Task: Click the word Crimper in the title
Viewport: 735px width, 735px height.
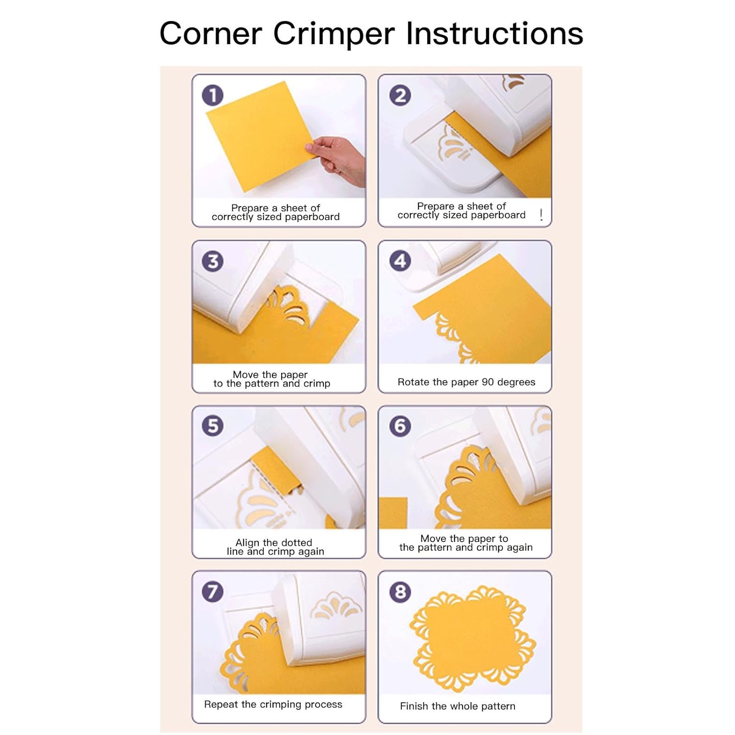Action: coord(333,34)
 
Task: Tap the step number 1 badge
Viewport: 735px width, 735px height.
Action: coord(213,95)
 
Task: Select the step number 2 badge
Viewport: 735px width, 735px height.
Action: coord(400,95)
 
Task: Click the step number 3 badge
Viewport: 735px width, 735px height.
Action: coord(213,261)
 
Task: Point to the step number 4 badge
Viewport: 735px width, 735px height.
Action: coord(400,261)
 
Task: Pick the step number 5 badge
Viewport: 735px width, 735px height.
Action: coord(213,425)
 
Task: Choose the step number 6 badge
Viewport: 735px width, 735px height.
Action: coord(400,426)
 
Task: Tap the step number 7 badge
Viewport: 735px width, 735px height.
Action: coord(213,591)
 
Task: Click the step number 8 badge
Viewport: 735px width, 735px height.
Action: coord(400,592)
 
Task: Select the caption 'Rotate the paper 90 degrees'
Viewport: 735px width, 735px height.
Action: coord(466,382)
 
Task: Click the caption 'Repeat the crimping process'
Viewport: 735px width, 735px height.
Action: coord(273,705)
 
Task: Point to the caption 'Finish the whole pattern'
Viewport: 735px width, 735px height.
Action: coord(457,706)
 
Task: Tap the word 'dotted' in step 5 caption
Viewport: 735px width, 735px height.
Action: coord(296,542)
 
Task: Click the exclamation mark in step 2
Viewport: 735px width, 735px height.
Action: coord(541,215)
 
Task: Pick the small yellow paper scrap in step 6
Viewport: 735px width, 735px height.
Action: coord(393,513)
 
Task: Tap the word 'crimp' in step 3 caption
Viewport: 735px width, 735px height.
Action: coord(317,384)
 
